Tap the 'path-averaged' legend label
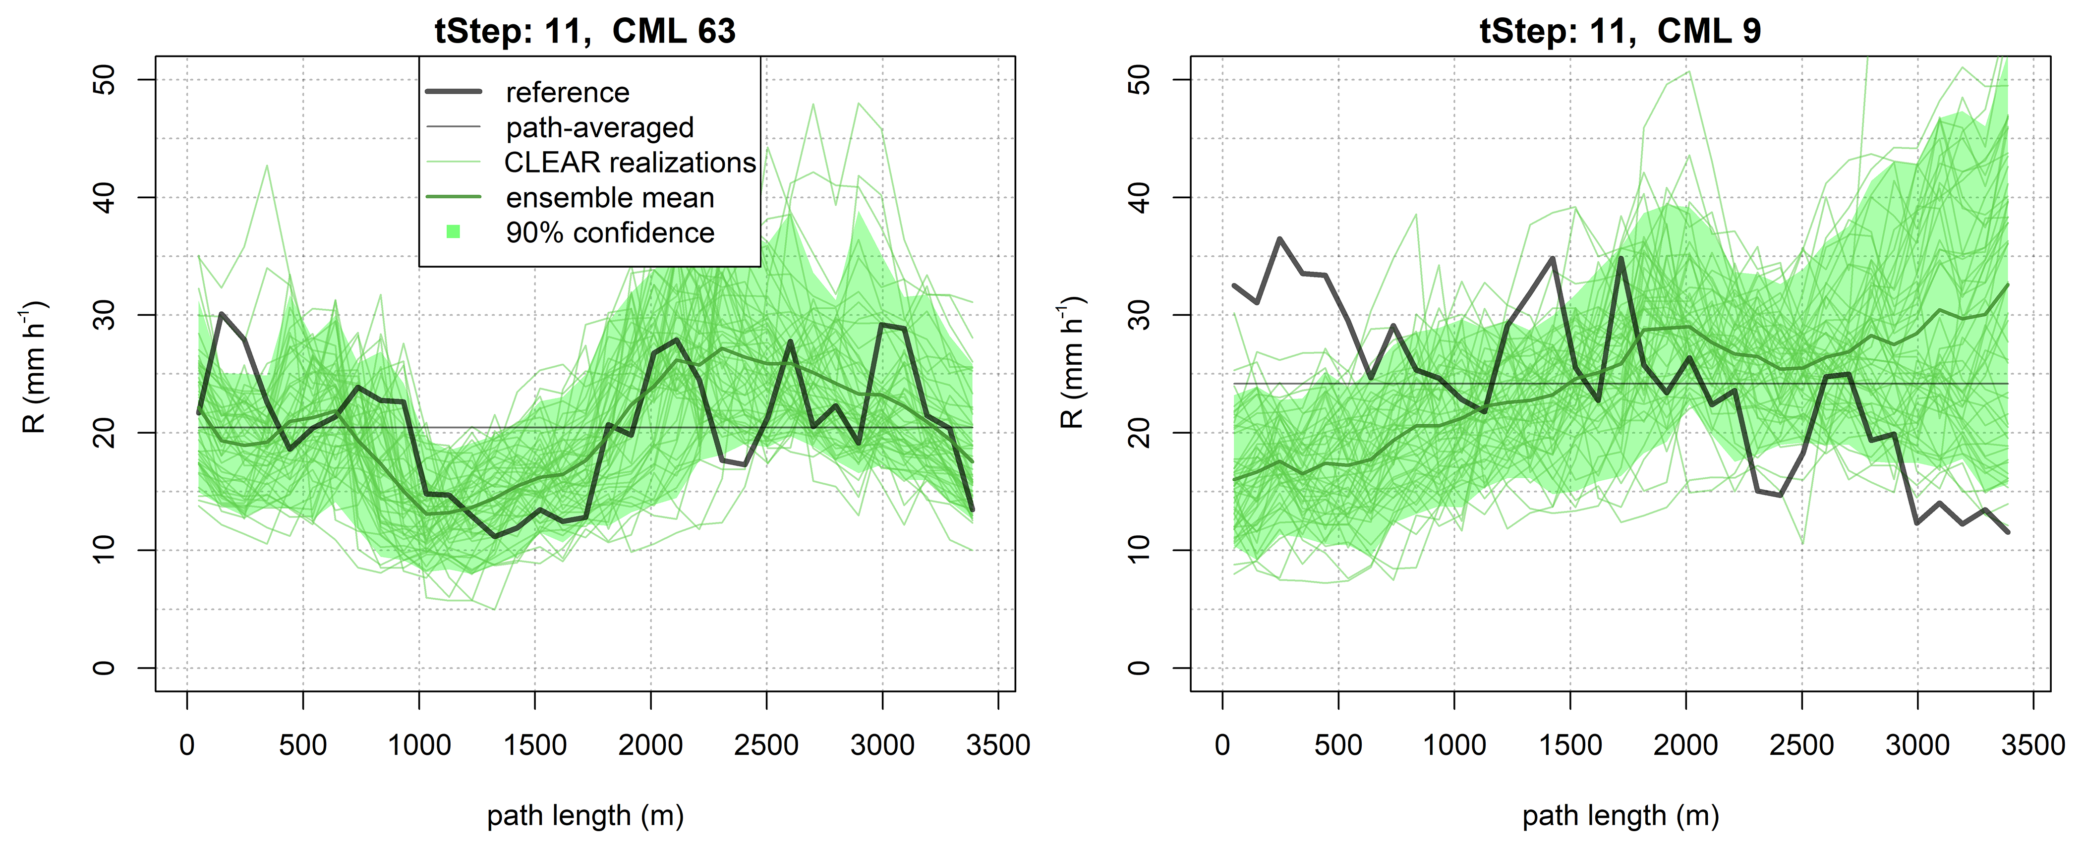[599, 128]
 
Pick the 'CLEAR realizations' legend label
[629, 163]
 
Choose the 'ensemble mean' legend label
[610, 198]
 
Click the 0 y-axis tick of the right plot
[1139, 668]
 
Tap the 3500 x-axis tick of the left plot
[998, 745]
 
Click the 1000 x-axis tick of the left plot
[419, 745]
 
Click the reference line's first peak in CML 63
[222, 314]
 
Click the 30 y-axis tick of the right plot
[1139, 315]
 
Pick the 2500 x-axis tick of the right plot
[1801, 745]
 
